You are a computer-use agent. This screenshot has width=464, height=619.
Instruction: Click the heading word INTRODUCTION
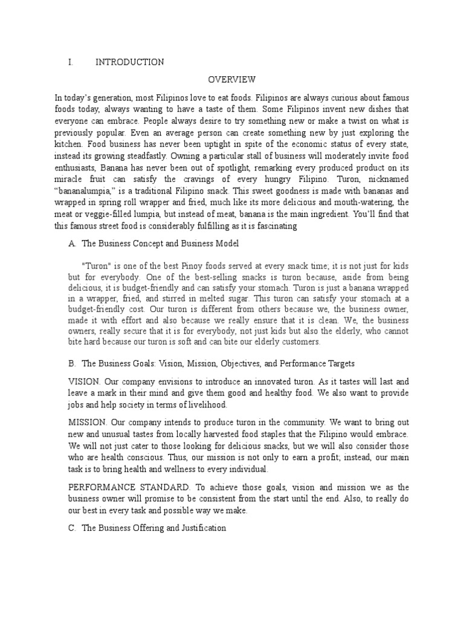(129, 62)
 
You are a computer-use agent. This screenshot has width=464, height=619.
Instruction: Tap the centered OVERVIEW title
(232, 79)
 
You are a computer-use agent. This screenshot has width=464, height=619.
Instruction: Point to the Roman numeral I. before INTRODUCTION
(71, 62)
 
